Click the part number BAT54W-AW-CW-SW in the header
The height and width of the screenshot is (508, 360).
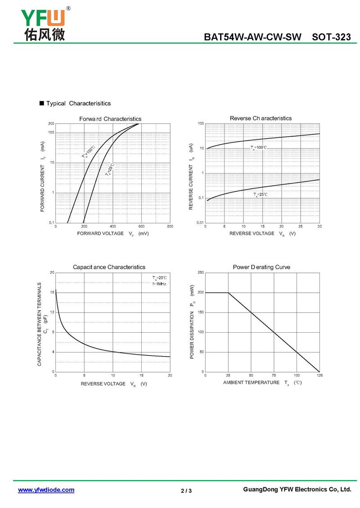pos(252,37)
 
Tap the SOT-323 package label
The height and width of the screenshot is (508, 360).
pos(331,37)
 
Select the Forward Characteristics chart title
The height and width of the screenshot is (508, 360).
pos(110,119)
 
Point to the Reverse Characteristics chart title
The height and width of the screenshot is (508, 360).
pos(261,118)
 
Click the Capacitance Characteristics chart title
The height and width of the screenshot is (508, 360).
pos(109,267)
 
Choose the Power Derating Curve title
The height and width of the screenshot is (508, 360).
pos(261,267)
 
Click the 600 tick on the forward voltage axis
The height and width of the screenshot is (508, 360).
pos(141,226)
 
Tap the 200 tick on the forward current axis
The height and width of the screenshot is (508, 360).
pos(51,124)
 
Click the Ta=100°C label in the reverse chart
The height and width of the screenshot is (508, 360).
pos(259,147)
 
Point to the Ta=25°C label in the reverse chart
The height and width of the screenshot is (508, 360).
pos(260,194)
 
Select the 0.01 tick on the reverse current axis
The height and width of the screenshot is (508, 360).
pos(200,223)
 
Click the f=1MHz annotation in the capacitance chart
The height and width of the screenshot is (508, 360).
pos(159,284)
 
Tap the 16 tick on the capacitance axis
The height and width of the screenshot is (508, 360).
pos(52,292)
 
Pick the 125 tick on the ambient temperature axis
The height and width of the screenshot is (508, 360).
pos(319,375)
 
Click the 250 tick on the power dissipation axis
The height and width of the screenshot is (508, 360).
pos(201,272)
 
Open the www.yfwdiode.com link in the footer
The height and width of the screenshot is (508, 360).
pos(46,490)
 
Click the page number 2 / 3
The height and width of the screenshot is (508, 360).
pos(186,490)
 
